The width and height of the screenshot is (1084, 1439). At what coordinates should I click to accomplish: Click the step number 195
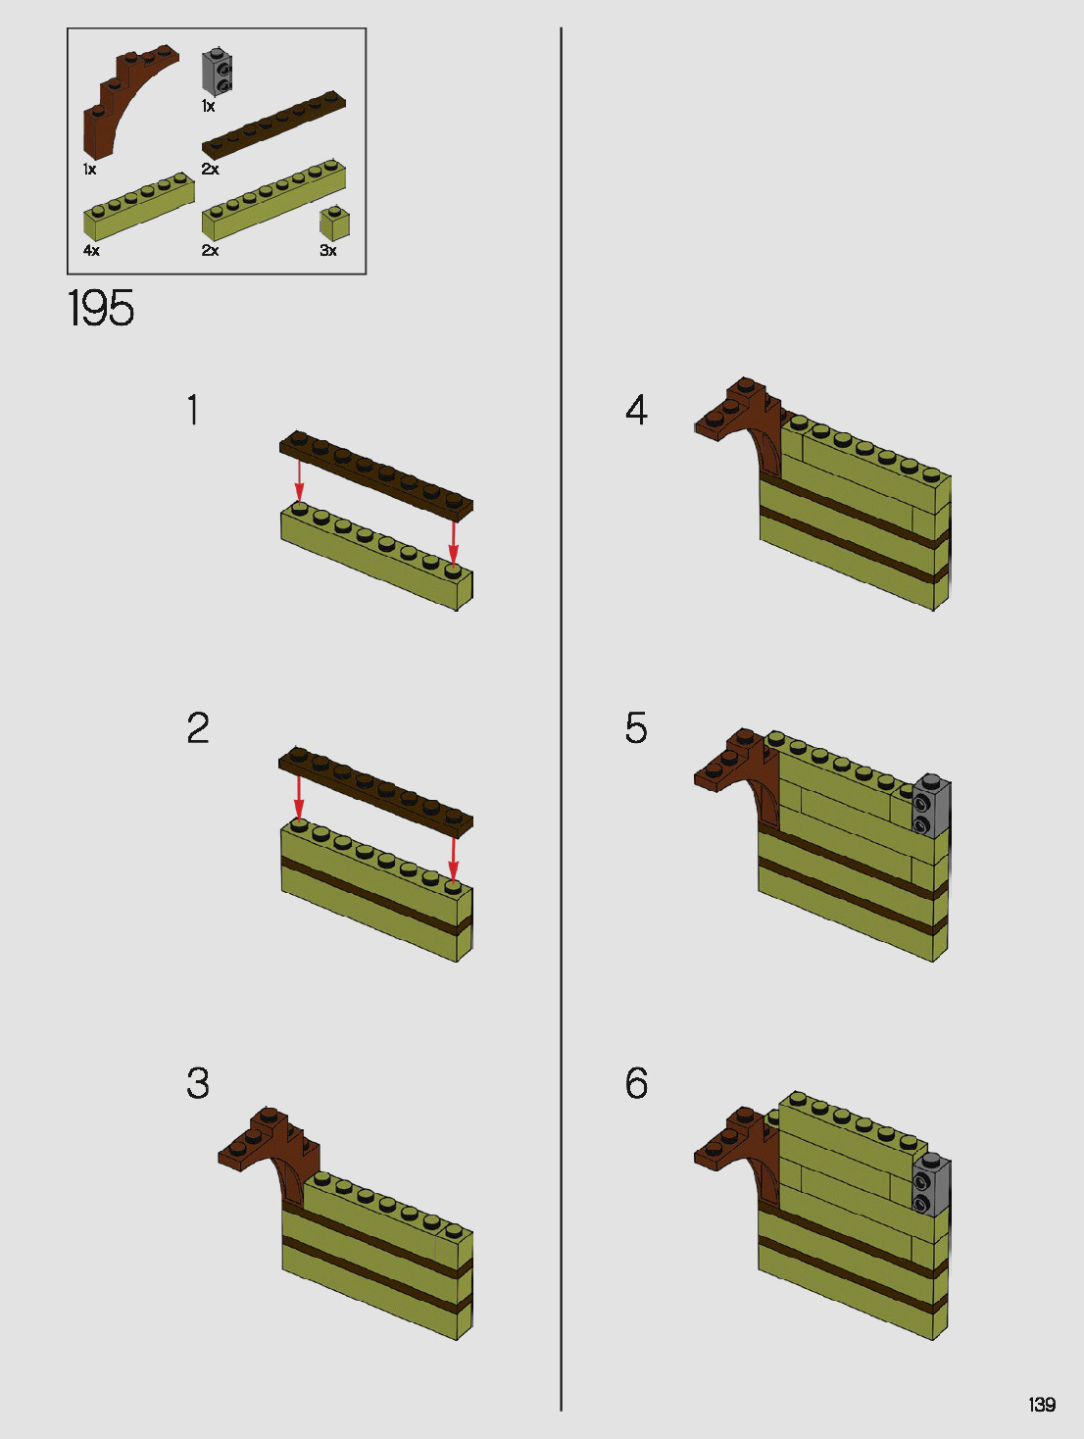tap(101, 308)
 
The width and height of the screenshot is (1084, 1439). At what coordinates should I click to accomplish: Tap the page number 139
tap(1042, 1404)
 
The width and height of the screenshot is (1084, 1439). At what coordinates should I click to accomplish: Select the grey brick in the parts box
tap(219, 72)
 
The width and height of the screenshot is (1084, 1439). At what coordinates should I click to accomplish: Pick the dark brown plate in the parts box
tap(273, 124)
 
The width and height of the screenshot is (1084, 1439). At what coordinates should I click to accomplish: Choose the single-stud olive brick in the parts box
tap(334, 223)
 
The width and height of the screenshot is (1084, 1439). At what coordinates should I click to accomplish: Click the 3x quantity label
tap(327, 250)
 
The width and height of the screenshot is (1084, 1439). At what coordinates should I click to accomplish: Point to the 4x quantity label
tap(91, 250)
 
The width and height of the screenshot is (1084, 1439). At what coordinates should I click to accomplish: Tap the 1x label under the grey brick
tap(208, 106)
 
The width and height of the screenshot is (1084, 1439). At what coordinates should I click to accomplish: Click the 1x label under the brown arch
tap(90, 170)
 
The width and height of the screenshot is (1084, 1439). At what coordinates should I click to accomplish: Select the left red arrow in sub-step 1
tap(299, 481)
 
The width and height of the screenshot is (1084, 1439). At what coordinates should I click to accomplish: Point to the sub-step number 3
tap(198, 1083)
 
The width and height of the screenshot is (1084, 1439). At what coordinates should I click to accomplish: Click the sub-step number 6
tap(636, 1083)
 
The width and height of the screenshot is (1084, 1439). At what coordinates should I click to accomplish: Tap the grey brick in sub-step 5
tap(931, 806)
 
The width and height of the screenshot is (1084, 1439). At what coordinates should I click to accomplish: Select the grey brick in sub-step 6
tap(931, 1183)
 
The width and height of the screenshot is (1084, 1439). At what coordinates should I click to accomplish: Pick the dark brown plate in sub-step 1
tap(375, 476)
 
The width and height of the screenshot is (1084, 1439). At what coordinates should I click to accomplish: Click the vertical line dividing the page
tap(561, 719)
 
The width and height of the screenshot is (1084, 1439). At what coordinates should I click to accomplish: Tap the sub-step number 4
tap(636, 411)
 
